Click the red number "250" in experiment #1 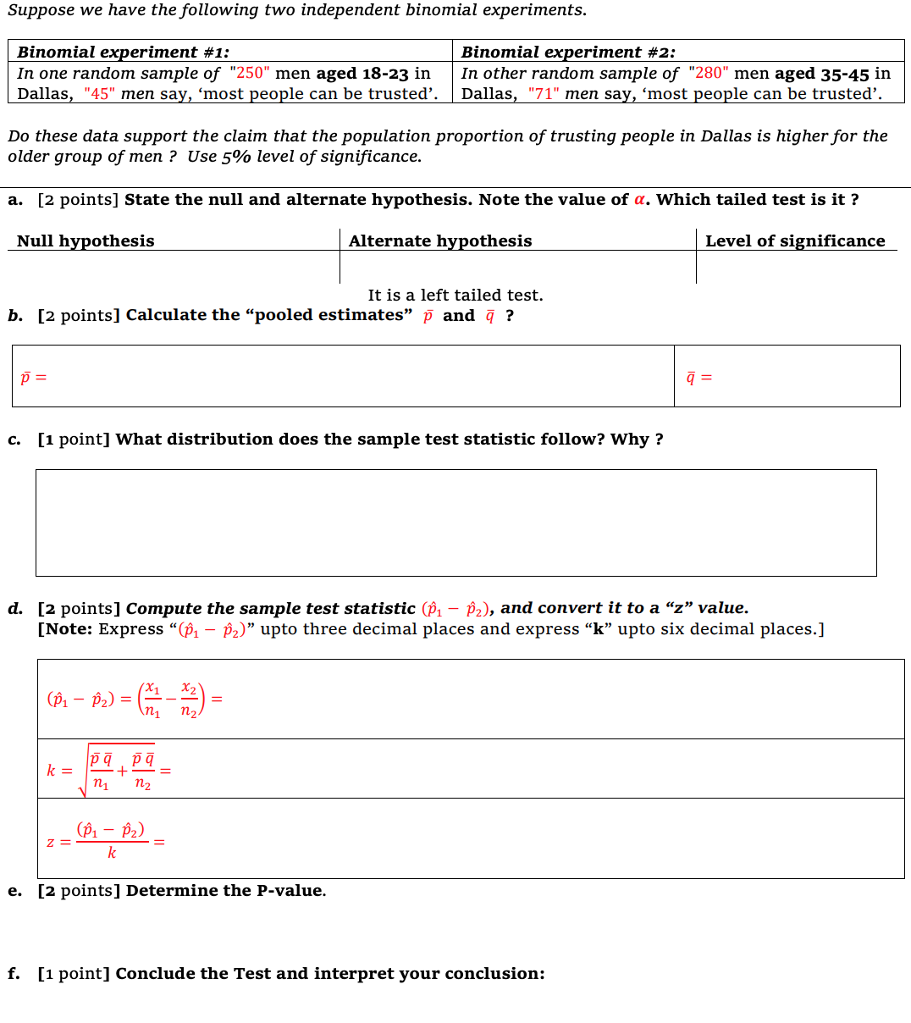tap(249, 74)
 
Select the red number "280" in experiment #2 tap(708, 74)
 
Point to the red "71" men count tap(542, 94)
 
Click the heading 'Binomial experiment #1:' tap(123, 53)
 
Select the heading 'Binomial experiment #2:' tap(568, 53)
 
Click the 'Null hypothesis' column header tap(86, 241)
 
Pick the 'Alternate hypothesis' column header tap(440, 241)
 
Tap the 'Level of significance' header tap(795, 241)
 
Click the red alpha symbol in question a tap(640, 200)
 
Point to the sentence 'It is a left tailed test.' tap(455, 296)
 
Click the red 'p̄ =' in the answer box tap(34, 377)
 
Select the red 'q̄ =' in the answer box tap(698, 377)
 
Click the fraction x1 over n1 tap(152, 700)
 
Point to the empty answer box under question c tap(455, 523)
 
